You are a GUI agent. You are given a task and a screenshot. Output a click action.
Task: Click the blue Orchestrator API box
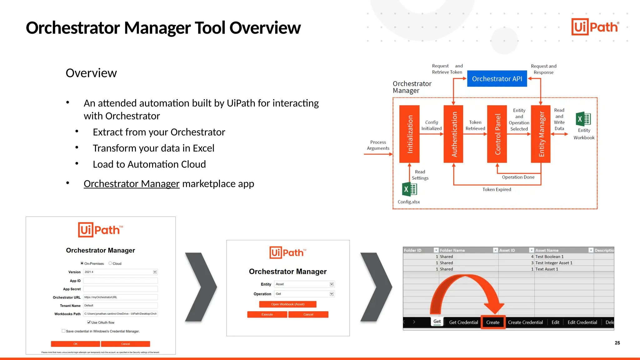click(497, 79)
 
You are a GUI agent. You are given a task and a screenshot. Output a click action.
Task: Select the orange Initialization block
click(409, 134)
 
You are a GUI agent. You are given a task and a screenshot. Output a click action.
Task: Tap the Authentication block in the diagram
click(453, 134)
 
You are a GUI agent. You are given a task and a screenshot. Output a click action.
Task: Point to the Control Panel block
click(497, 134)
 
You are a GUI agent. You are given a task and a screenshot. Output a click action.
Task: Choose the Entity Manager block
click(541, 134)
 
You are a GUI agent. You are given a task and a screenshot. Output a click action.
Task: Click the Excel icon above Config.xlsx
click(409, 189)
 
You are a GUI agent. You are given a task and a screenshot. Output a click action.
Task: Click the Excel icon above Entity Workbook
click(583, 119)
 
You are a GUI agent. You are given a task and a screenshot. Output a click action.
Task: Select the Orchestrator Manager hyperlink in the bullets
click(132, 184)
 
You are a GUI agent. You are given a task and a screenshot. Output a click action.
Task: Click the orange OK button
click(75, 344)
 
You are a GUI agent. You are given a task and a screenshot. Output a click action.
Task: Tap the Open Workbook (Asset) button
click(287, 304)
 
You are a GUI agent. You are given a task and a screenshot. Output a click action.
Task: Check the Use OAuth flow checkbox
click(89, 322)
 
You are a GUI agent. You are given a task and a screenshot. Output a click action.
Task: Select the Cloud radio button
click(110, 263)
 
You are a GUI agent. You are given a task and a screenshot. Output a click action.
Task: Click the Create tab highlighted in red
click(493, 322)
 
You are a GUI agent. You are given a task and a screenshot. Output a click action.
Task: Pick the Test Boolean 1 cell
click(549, 257)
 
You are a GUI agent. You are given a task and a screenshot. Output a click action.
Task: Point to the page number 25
click(617, 343)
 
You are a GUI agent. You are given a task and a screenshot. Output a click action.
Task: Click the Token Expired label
click(497, 189)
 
